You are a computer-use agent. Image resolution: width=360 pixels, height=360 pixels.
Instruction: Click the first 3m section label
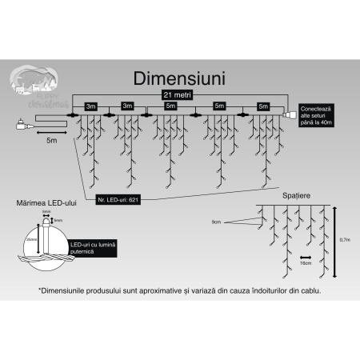91,106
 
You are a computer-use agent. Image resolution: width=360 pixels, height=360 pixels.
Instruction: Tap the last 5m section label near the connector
262,106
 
